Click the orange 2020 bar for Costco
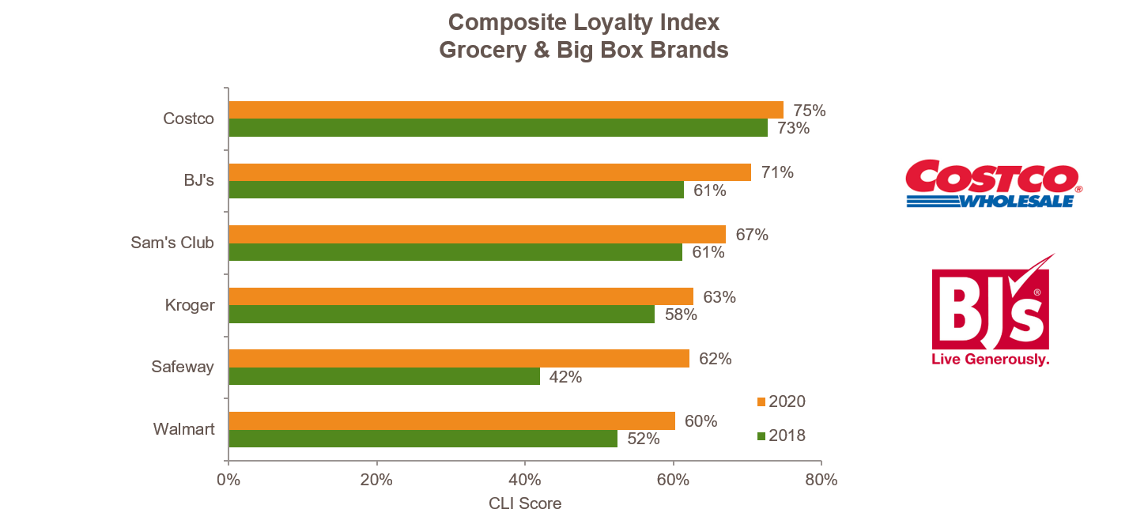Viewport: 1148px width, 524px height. click(x=505, y=110)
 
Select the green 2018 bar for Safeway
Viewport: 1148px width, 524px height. click(x=384, y=376)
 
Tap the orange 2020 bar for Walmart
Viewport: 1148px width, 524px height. click(x=451, y=420)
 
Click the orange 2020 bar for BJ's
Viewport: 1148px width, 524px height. click(x=489, y=172)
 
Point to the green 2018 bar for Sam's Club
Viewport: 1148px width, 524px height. click(x=455, y=252)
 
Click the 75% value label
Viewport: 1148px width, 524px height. click(x=810, y=111)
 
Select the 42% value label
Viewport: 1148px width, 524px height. click(x=566, y=377)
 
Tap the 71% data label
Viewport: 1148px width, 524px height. click(x=777, y=172)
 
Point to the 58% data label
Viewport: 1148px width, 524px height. click(x=681, y=315)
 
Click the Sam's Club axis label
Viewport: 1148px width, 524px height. click(x=172, y=243)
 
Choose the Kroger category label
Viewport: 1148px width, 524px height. click(x=190, y=305)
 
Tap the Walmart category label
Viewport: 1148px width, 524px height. click(x=183, y=430)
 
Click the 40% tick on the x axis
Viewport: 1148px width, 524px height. click(x=525, y=480)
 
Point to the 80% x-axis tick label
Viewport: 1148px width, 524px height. click(x=821, y=480)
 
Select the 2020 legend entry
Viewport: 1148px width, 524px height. click(x=780, y=401)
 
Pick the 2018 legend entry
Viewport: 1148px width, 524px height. click(x=780, y=435)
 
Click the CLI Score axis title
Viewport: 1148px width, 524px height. click(x=525, y=503)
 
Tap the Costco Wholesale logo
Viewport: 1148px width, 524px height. click(x=992, y=183)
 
